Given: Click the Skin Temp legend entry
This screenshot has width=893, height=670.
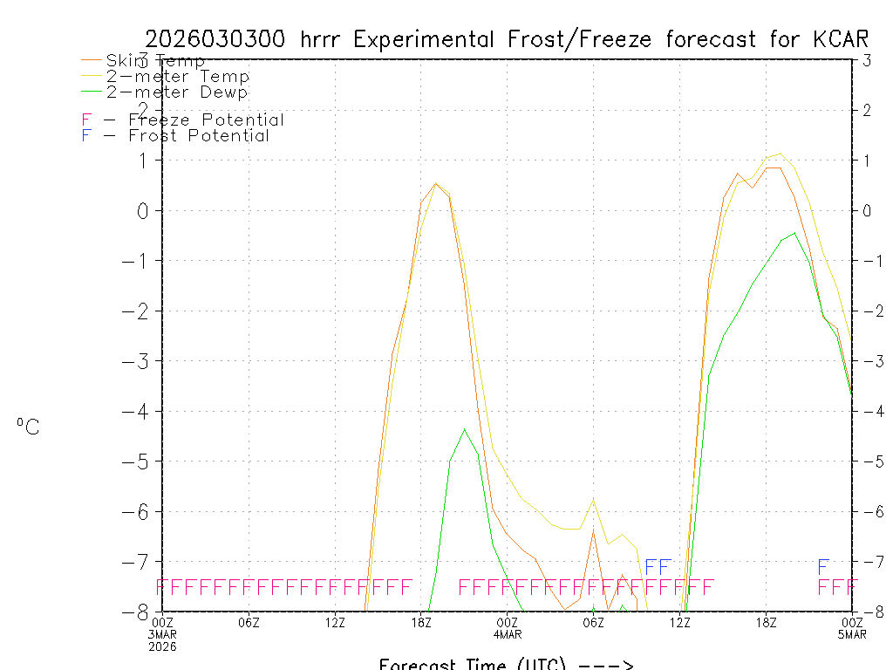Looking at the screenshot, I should (155, 60).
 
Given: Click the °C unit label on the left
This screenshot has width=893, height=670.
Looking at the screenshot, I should (28, 427).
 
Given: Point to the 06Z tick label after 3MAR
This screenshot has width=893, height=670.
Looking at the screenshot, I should (249, 621).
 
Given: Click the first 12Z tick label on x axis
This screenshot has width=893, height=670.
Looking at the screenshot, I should (336, 621).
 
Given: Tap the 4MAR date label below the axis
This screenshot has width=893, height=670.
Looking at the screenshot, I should (508, 633).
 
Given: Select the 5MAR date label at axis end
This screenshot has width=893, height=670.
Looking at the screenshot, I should (852, 633).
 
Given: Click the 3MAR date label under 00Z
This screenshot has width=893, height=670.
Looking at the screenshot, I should (163, 633).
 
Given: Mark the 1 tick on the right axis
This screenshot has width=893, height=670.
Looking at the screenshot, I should (867, 160).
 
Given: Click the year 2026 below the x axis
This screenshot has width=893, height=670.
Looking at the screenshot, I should (163, 646).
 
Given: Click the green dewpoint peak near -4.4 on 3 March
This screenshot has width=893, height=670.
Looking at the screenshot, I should (464, 429).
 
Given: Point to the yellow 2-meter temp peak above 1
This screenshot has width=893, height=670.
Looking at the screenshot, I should (780, 154).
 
